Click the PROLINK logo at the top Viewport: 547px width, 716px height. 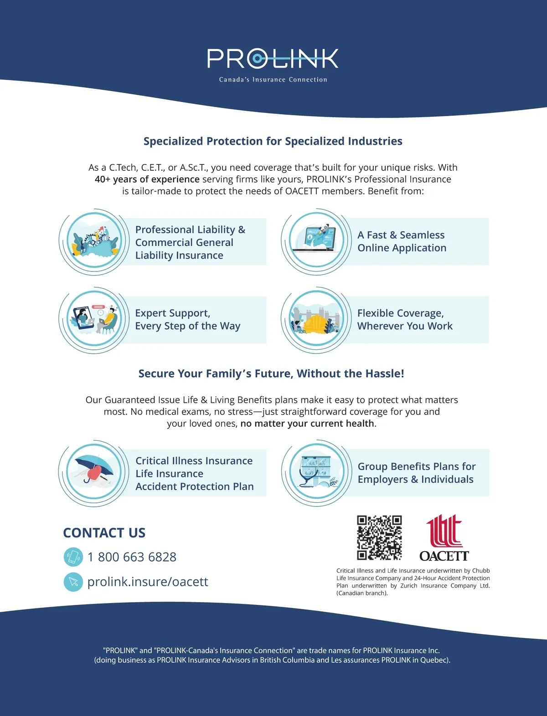coord(273,59)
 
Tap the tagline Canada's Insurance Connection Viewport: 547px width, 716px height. coord(273,80)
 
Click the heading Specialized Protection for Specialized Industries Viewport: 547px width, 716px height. coord(273,141)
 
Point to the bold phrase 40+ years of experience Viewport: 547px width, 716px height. coord(147,179)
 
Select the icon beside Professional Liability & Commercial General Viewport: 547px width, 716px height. coord(94,241)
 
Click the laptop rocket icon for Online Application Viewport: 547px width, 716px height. coord(316,241)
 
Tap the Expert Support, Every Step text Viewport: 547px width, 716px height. coord(187,320)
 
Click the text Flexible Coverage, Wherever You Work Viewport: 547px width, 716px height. coord(405,320)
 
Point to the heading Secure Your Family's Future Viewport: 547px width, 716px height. coord(271,374)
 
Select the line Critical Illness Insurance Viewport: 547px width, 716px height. coord(194,461)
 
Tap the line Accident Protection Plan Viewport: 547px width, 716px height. coord(194,486)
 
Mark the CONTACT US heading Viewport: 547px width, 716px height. coord(104,533)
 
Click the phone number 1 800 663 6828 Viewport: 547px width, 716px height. coord(132,557)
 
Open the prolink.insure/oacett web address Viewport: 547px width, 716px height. coord(148,582)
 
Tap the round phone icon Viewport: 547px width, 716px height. coord(73,557)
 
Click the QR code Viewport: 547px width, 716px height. coord(379,537)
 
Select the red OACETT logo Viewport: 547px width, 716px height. coord(444,537)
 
